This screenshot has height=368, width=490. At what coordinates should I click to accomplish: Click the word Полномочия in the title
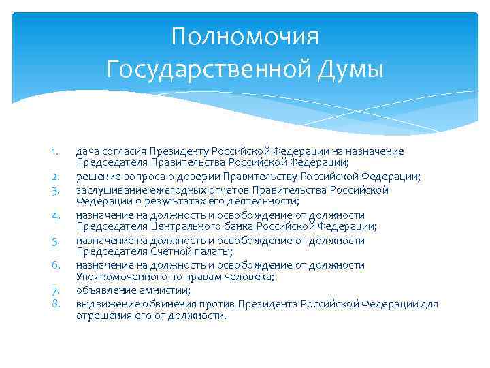[x=245, y=35]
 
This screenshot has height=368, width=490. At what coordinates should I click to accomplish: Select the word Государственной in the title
[x=208, y=68]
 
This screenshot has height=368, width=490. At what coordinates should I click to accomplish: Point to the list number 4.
[x=58, y=216]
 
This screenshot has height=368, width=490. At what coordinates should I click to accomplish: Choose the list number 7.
[x=58, y=291]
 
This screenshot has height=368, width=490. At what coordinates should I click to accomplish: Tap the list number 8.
[x=58, y=303]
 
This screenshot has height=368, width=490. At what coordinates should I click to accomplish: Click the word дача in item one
[x=87, y=151]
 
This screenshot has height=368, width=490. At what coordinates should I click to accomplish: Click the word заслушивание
[x=106, y=189]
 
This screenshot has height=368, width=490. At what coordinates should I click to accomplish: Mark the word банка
[x=225, y=227]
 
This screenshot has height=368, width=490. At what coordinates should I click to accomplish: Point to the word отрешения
[x=99, y=316]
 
